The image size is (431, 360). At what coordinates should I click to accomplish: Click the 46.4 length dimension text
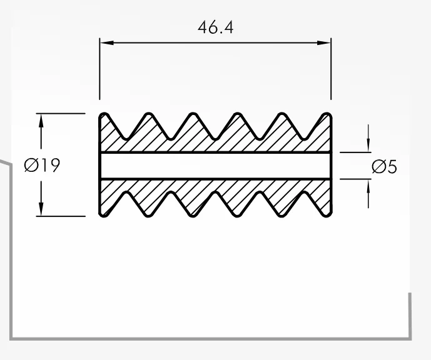pyautogui.click(x=215, y=27)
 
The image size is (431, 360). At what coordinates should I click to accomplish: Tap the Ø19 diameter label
pyautogui.click(x=42, y=165)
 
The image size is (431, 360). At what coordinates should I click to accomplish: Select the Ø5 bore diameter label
pyautogui.click(x=384, y=167)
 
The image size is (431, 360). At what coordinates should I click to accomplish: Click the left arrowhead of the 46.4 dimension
pyautogui.click(x=106, y=43)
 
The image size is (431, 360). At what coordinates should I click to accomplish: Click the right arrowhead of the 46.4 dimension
pyautogui.click(x=324, y=43)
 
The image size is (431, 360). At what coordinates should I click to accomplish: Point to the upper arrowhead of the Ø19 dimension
pyautogui.click(x=41, y=120)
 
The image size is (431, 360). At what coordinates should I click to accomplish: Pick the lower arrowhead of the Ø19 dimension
pyautogui.click(x=41, y=209)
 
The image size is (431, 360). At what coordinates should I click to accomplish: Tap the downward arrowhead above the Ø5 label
pyautogui.click(x=368, y=146)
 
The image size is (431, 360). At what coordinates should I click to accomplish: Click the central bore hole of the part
pyautogui.click(x=215, y=166)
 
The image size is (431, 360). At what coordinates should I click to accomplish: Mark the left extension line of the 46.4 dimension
pyautogui.click(x=99, y=69)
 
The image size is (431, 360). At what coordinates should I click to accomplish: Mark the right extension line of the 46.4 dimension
pyautogui.click(x=331, y=69)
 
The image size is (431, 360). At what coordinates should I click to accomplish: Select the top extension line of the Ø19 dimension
pyautogui.click(x=61, y=113)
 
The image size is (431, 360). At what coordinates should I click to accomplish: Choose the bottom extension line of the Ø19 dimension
pyautogui.click(x=61, y=216)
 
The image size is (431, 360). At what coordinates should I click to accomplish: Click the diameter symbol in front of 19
pyautogui.click(x=31, y=165)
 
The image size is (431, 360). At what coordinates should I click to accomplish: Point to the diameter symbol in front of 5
pyautogui.click(x=378, y=167)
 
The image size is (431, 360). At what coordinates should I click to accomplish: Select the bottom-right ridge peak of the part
pyautogui.click(x=327, y=216)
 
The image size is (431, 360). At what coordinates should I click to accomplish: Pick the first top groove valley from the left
pyautogui.click(x=126, y=137)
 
